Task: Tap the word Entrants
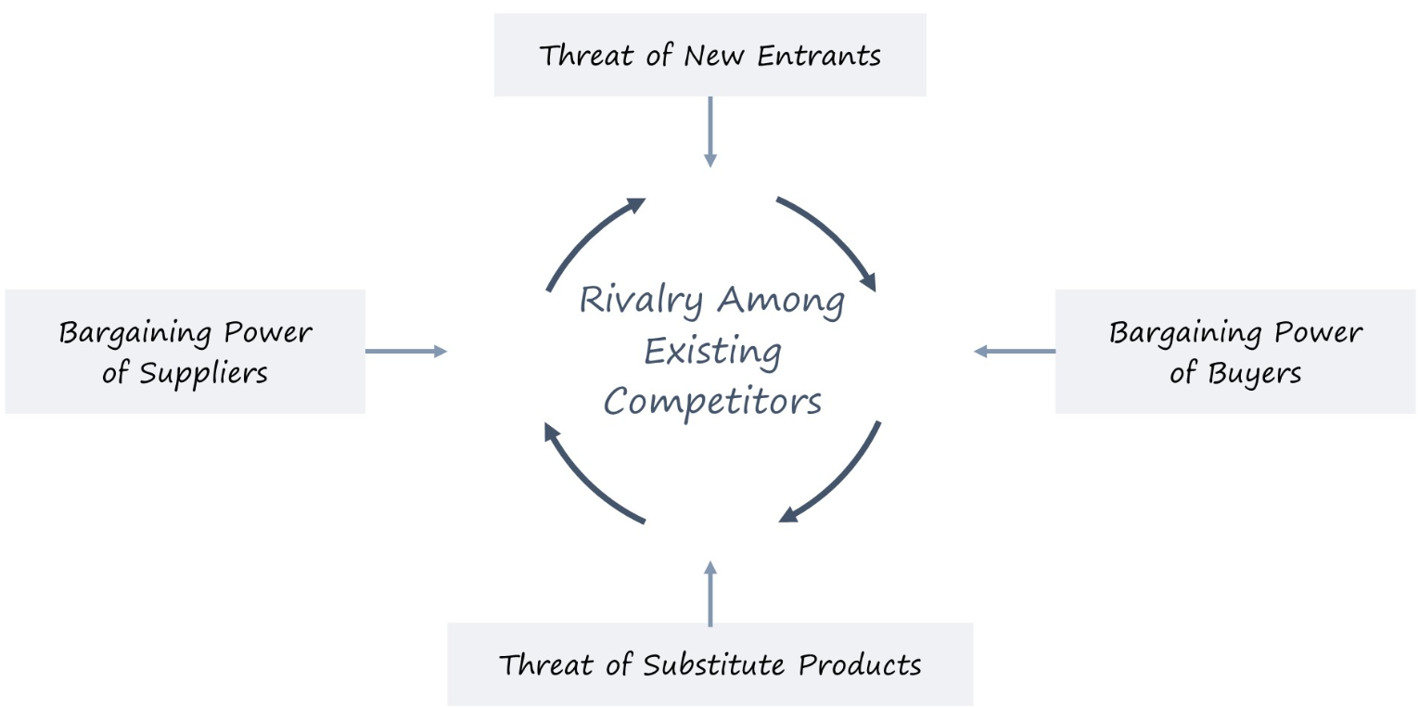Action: point(819,56)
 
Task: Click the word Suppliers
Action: point(203,374)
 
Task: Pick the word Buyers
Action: point(1255,374)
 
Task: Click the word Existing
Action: point(712,353)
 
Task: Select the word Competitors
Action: point(712,403)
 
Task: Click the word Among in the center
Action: point(780,301)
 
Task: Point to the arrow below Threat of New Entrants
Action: point(710,132)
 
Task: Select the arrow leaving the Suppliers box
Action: point(406,352)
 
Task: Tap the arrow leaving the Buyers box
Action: point(1015,352)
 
